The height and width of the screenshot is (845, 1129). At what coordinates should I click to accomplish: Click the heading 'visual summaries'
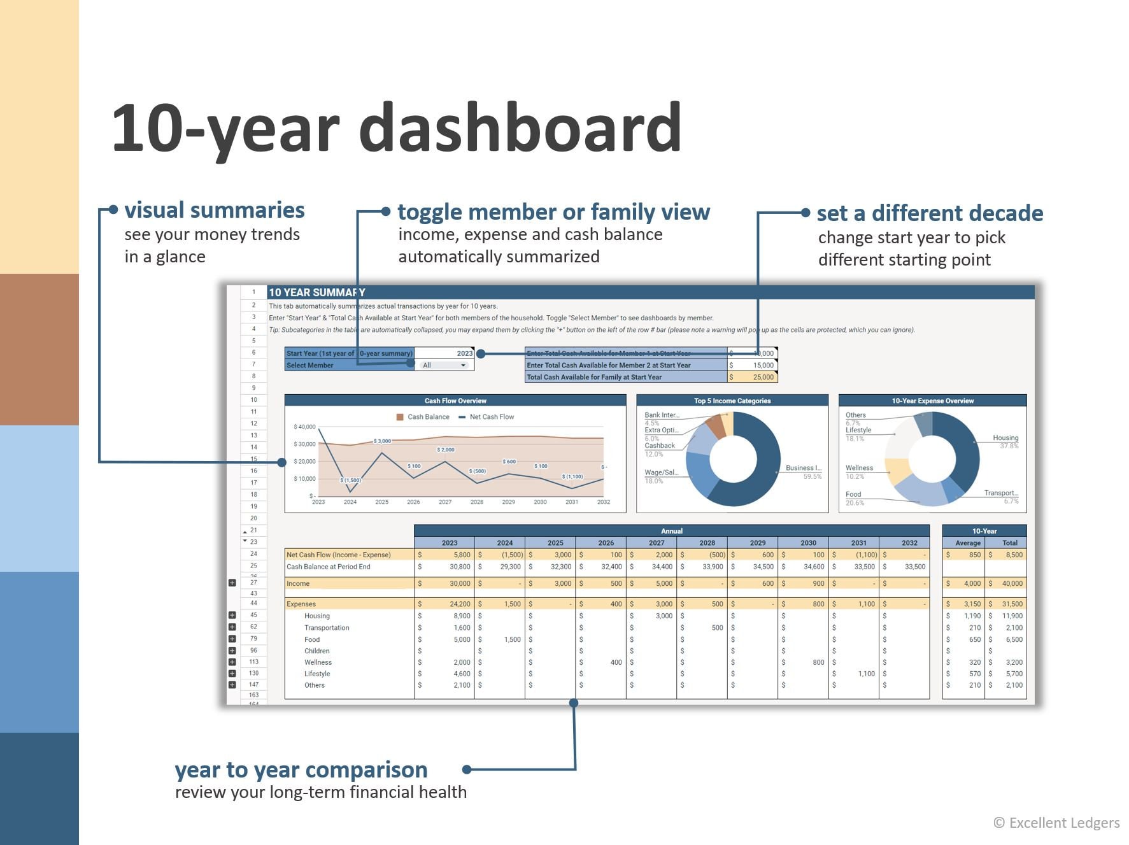[x=215, y=210]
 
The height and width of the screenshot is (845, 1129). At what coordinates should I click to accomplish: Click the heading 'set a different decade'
[x=930, y=213]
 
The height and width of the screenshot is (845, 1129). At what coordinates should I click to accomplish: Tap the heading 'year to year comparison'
[x=301, y=770]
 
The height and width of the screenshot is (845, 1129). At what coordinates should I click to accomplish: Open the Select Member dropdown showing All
[x=444, y=366]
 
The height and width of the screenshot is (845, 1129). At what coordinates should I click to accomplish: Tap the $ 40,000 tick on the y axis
[x=304, y=427]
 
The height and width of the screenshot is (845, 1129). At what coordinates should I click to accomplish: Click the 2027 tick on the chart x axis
[x=445, y=502]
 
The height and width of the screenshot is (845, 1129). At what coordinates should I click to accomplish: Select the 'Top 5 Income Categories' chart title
[x=732, y=401]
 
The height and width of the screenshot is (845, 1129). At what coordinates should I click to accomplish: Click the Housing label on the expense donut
[x=1005, y=438]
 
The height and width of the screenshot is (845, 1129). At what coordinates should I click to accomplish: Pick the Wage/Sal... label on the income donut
[x=661, y=472]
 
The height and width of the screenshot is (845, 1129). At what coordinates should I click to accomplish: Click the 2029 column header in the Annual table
[x=758, y=543]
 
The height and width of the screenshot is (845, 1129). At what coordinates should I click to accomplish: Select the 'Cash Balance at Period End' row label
[x=328, y=567]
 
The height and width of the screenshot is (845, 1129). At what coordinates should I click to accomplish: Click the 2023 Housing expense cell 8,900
[x=461, y=616]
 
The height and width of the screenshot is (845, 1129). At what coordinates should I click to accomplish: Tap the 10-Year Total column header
[x=1009, y=543]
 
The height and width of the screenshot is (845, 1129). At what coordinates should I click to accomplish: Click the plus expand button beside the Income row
[x=232, y=583]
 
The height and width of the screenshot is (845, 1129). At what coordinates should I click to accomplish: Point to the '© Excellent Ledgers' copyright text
[x=1056, y=823]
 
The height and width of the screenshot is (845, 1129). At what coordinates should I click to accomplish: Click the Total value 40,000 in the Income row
[x=1012, y=583]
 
